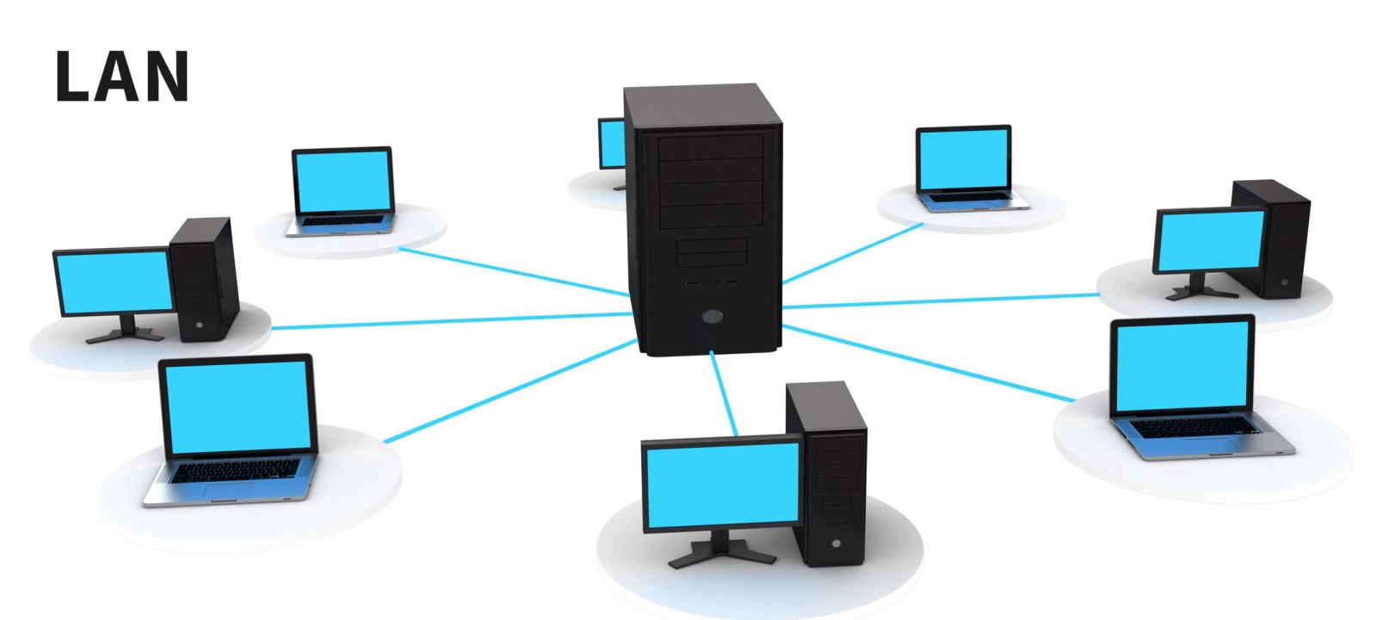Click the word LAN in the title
point(121,77)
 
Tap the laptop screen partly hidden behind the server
point(612,143)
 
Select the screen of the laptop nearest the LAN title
point(343,182)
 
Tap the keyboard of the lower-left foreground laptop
point(236,470)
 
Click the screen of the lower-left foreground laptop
point(238,404)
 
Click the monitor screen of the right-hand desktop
point(1208,240)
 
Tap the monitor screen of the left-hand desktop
point(114,281)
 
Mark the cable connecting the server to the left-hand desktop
point(448,321)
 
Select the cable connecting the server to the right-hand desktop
point(938,301)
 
